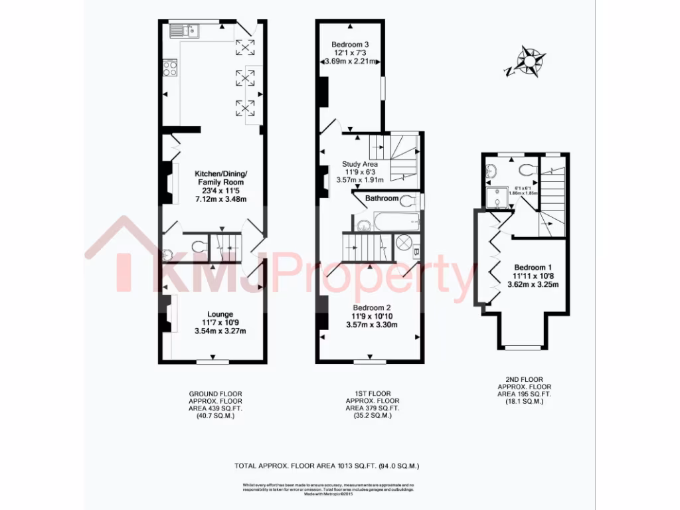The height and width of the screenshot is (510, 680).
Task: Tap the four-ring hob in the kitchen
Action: pos(170,68)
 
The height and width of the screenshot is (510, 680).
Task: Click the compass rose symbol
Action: pos(529,61)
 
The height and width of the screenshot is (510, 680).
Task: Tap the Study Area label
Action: pos(360,164)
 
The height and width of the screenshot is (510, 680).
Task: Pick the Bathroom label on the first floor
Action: pos(381,199)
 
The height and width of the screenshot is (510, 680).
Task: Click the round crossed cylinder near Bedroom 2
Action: pos(404,243)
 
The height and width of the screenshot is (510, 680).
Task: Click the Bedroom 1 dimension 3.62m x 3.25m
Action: pos(533,284)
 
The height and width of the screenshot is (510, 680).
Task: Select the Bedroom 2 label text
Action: pos(372,308)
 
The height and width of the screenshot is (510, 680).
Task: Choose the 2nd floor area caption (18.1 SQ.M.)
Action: pos(525,401)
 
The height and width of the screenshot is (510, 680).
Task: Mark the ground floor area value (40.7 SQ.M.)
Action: pos(216,416)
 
